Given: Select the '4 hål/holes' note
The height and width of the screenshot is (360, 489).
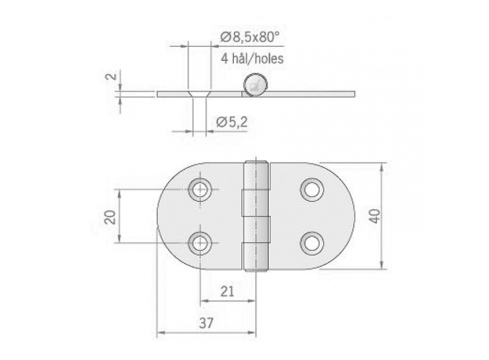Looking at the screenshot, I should click(x=252, y=58).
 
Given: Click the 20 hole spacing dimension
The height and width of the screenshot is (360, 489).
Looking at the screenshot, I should click(x=110, y=217).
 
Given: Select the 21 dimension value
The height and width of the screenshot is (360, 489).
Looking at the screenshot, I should click(x=227, y=292).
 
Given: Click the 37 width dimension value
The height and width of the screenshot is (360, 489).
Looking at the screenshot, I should click(x=206, y=322).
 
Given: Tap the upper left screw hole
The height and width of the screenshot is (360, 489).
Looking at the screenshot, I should click(x=200, y=190).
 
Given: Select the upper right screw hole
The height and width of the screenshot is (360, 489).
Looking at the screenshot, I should click(x=311, y=190).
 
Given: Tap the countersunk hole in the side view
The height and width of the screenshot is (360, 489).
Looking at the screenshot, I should click(x=199, y=94).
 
